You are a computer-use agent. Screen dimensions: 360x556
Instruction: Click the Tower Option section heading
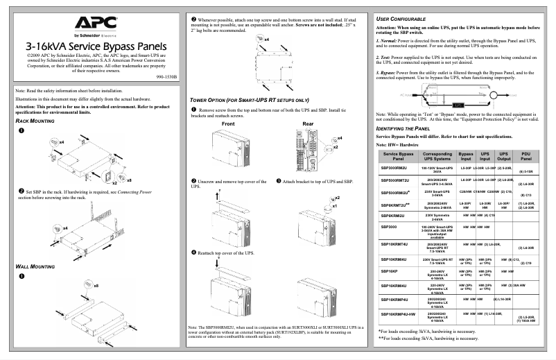pyautogui.click(x=249, y=100)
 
